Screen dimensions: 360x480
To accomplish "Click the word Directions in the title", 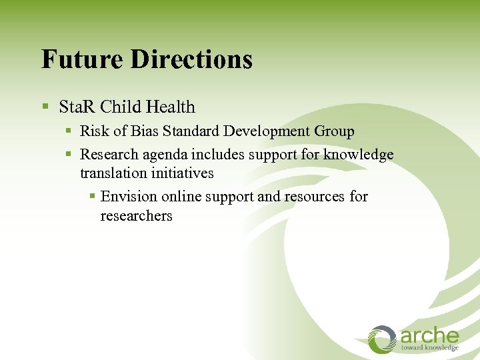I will (191, 59).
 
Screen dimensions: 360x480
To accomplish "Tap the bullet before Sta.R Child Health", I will (45, 107).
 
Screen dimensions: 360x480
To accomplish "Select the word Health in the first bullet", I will (171, 107).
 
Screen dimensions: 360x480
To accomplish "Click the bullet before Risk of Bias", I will (69, 131).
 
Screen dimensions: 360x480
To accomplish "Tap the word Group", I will (335, 132).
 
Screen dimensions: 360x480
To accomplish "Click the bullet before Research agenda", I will (69, 155).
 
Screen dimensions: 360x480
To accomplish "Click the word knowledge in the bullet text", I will (359, 155).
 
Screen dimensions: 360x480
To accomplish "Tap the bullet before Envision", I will (93, 197).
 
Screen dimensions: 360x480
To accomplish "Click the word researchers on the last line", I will (136, 216).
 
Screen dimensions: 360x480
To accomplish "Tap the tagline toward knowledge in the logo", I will (429, 347).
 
